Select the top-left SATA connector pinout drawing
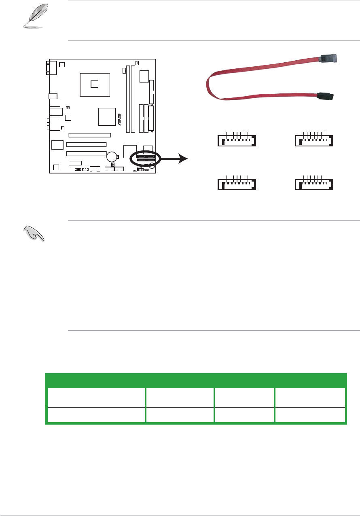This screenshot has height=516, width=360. tap(235, 140)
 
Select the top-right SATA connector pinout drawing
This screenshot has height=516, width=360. tap(313, 140)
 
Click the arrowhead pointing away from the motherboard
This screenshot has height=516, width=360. tap(183, 159)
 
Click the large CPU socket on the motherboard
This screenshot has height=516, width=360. tap(95, 84)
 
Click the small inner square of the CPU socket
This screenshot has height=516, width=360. tap(95, 84)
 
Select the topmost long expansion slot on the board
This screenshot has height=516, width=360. tap(89, 135)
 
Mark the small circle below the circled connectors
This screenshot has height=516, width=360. tap(152, 165)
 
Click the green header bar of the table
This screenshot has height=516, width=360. tap(196, 381)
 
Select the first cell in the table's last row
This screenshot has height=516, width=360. tap(95, 415)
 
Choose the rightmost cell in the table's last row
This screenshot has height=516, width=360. tap(310, 415)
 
